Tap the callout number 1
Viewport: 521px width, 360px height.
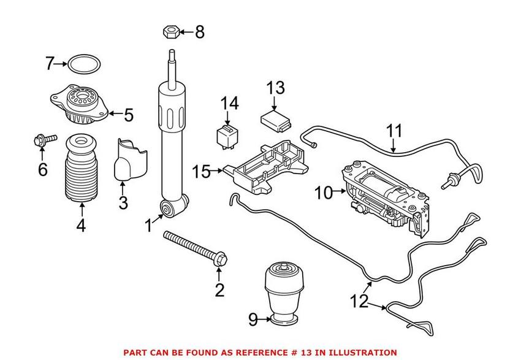pos(147,226)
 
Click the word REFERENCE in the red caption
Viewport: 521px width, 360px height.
pos(243,353)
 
